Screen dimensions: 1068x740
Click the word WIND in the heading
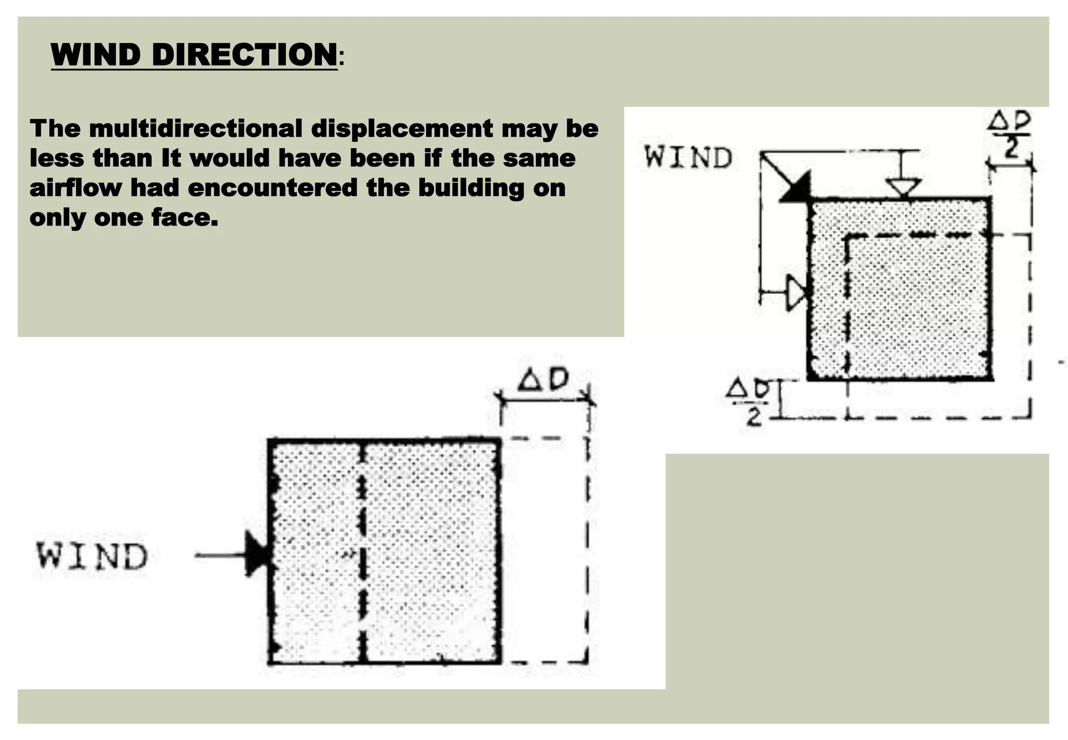pos(96,54)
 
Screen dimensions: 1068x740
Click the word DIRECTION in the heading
pos(245,54)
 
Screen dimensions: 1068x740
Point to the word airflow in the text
pos(75,188)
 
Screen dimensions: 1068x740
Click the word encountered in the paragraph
pos(272,188)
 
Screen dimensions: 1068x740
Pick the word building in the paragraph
pos(471,188)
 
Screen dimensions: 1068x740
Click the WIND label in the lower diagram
pos(92,556)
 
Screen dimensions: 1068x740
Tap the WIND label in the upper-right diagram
pos(688,158)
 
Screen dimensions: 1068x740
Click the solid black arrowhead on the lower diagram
pos(257,555)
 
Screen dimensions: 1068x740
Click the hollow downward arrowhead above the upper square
pos(905,187)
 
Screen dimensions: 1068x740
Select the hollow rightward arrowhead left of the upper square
pos(796,292)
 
